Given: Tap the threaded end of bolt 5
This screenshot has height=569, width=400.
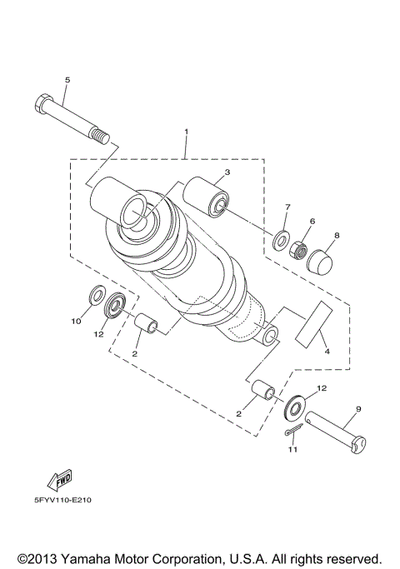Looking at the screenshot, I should point(101,135).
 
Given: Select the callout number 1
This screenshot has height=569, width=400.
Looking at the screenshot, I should point(187,132).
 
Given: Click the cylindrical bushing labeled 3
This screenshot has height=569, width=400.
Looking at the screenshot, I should point(207,197).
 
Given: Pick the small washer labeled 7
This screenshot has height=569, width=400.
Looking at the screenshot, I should point(282,240).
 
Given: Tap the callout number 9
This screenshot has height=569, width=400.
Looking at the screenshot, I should point(357,408).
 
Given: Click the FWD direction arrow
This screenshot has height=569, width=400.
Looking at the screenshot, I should point(59,480).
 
